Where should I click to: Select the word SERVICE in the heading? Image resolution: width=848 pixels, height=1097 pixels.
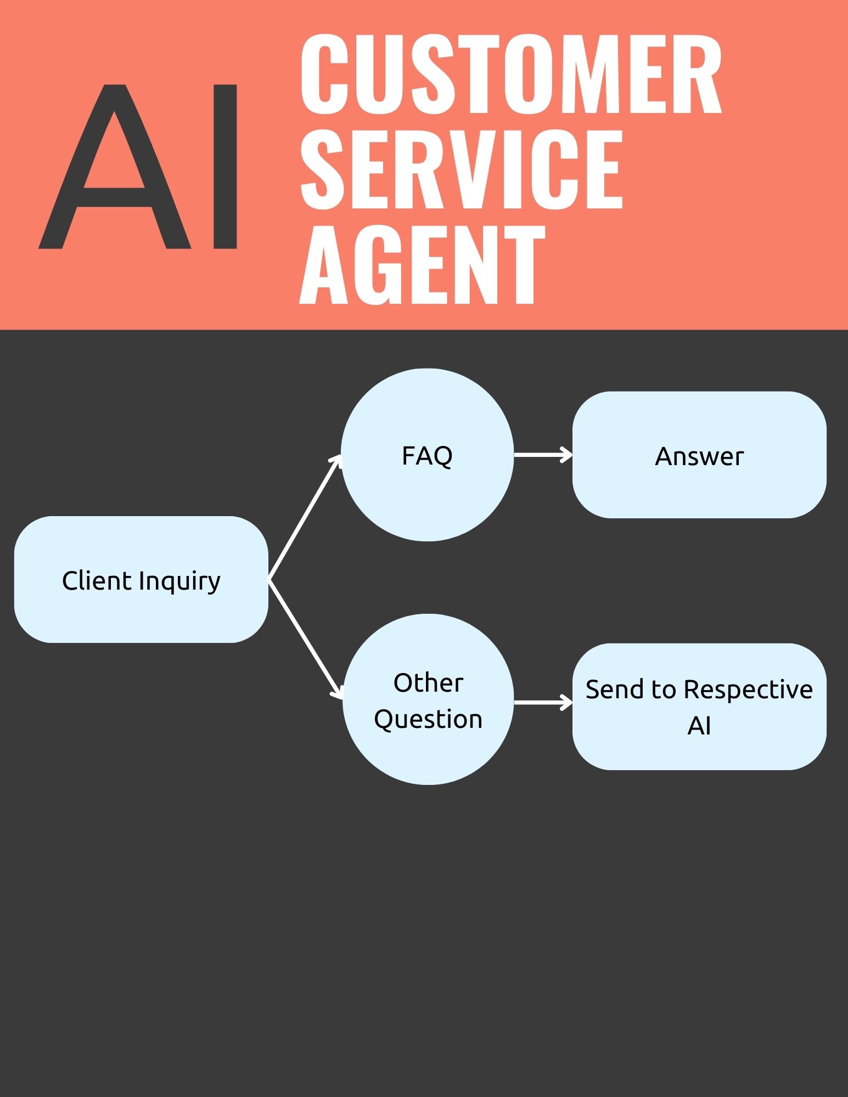tap(461, 170)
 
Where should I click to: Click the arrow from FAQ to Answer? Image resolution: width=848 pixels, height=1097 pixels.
tap(542, 455)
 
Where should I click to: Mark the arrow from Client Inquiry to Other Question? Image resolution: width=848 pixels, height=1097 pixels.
tap(305, 638)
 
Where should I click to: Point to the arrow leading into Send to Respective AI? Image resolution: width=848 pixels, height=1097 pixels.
tap(542, 702)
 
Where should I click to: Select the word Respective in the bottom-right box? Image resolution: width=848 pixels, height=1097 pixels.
tap(748, 689)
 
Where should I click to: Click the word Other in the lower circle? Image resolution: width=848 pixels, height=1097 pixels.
tap(428, 683)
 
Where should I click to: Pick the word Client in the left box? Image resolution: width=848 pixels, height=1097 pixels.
tap(97, 580)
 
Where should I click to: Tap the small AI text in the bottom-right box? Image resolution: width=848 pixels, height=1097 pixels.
tap(699, 726)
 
